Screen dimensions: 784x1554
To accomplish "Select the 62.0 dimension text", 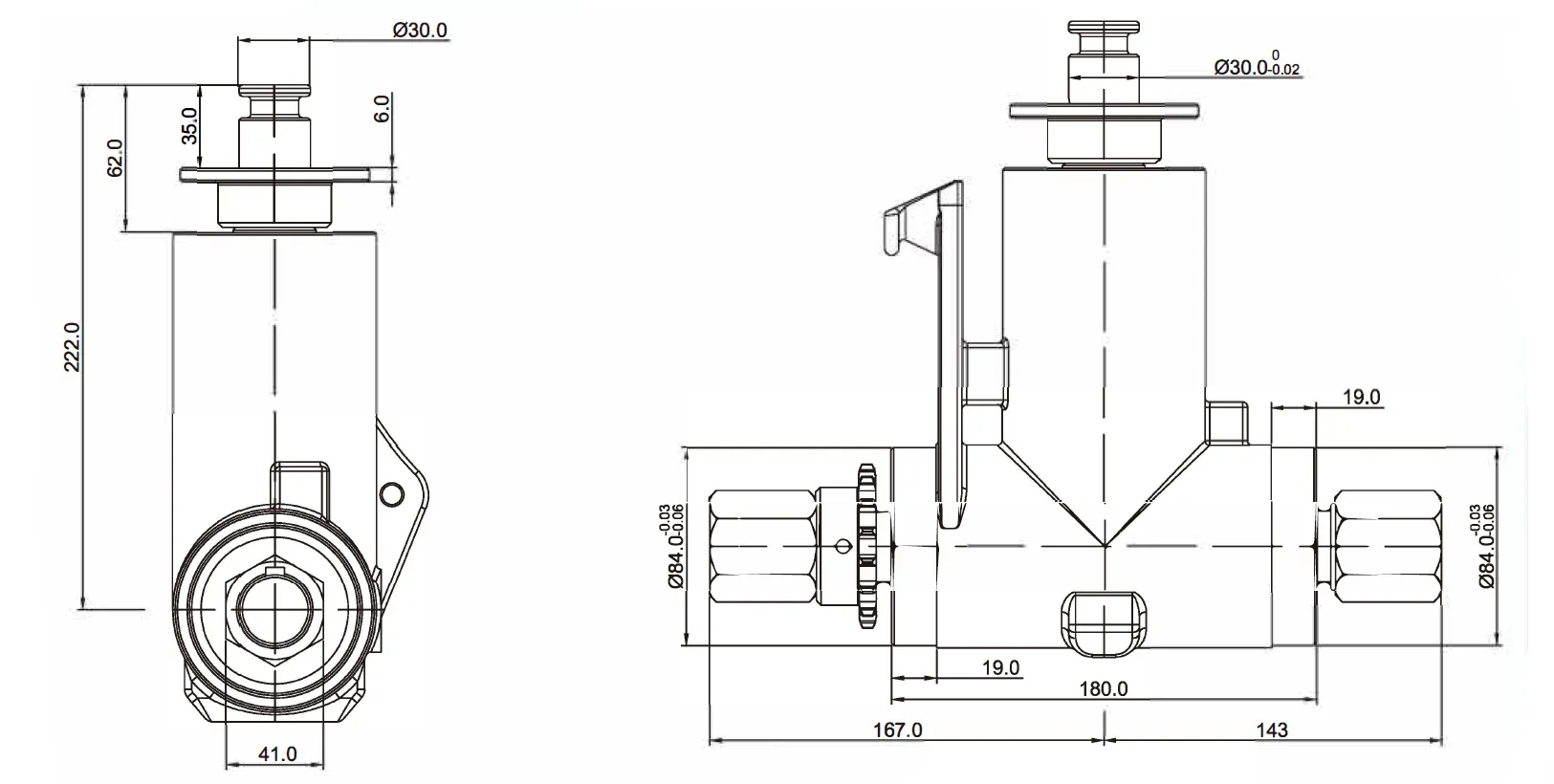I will click(x=116, y=158).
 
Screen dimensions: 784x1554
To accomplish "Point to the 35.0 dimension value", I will click(x=188, y=125).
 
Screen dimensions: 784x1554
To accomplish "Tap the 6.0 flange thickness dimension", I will click(x=382, y=108).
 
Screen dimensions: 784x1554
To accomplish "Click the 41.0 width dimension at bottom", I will click(x=277, y=753).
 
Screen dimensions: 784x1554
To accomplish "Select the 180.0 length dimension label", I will click(x=1104, y=688).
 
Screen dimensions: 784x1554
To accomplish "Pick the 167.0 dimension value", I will click(x=899, y=730).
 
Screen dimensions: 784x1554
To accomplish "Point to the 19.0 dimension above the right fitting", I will click(x=1361, y=398).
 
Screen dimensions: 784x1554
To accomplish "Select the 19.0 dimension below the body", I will click(x=1000, y=667).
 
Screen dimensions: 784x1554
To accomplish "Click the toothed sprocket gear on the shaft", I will click(x=867, y=545).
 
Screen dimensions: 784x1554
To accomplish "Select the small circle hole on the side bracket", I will click(x=390, y=493).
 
